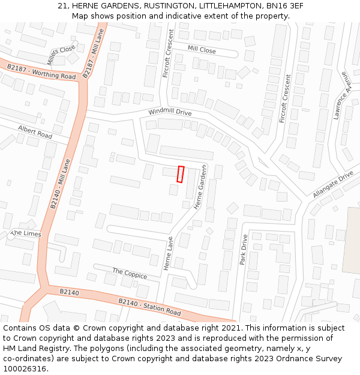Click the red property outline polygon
tap(181, 174)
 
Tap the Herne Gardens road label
tap(200, 187)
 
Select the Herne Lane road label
tap(169, 253)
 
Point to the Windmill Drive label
tap(170, 112)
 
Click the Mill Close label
tap(202, 50)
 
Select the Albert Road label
tap(35, 132)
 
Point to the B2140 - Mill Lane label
tap(60, 184)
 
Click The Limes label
tap(26, 233)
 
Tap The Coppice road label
tap(130, 274)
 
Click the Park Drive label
tap(244, 250)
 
